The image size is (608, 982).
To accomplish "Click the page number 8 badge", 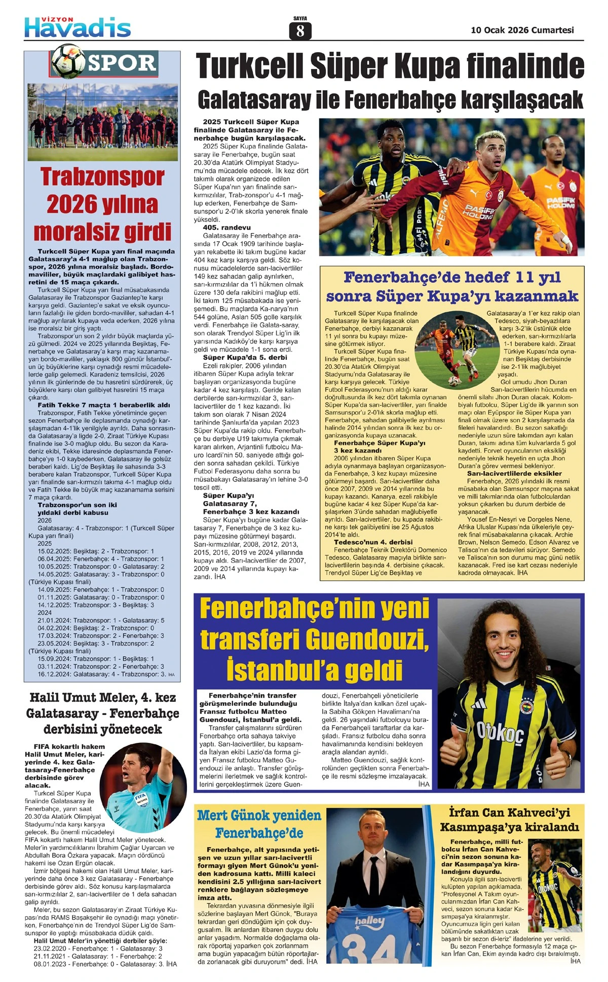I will [x=300, y=30].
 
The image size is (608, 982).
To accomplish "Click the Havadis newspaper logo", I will [x=78, y=26].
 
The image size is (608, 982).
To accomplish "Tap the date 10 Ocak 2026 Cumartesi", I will [x=522, y=30].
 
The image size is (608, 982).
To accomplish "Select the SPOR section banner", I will [x=122, y=63].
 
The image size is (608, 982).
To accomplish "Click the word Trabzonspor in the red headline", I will [x=102, y=177].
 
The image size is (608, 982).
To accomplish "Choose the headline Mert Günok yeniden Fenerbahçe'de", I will [x=259, y=824].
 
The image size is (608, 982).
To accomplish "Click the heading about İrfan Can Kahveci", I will [x=509, y=820].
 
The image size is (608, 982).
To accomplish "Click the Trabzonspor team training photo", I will [x=102, y=122].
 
